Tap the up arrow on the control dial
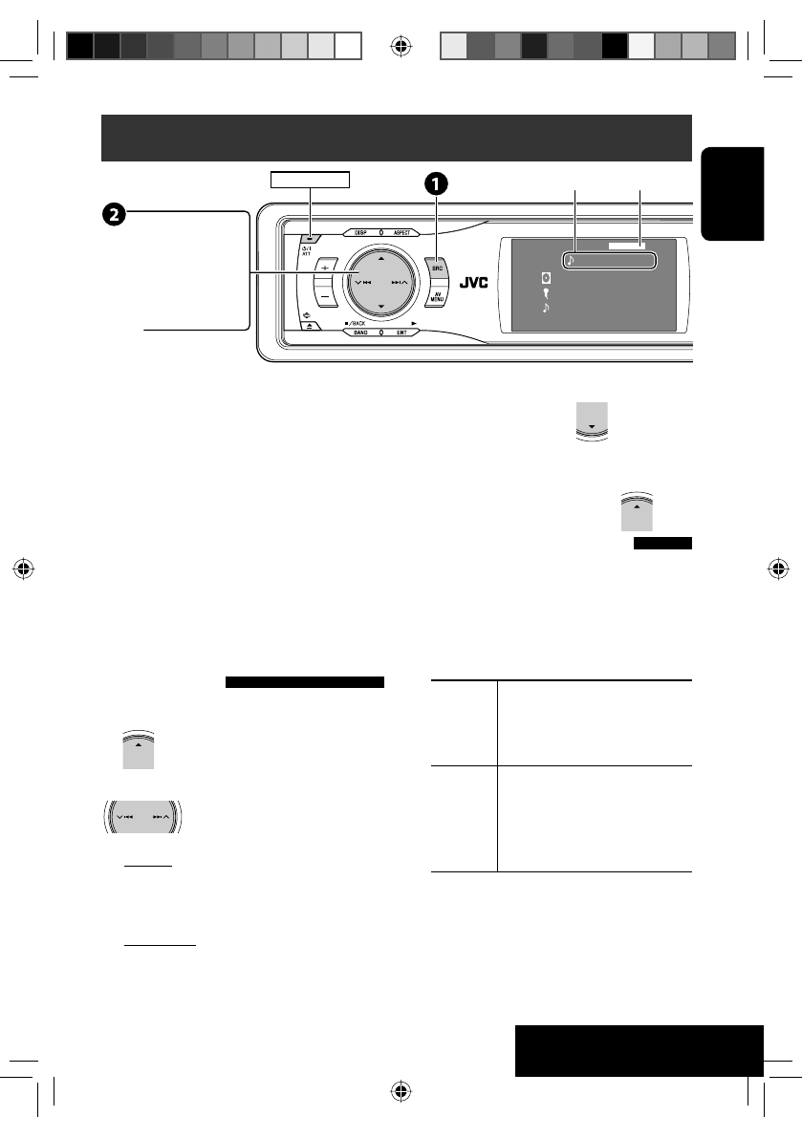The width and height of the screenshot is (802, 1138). tap(380, 258)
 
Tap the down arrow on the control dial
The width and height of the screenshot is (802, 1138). tap(380, 307)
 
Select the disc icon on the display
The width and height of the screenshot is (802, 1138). tap(546, 278)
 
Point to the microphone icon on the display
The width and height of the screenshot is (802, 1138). tap(546, 294)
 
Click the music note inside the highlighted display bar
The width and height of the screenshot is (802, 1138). tap(570, 259)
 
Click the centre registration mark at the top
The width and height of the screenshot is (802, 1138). tap(401, 43)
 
